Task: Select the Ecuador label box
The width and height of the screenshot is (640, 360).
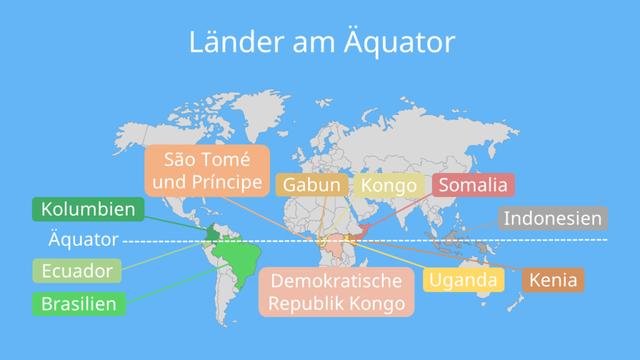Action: pos(77,271)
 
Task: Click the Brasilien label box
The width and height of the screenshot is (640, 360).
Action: pos(79,304)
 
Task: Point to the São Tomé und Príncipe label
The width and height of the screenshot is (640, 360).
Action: pos(206,171)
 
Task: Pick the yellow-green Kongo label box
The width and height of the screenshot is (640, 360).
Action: pos(388,186)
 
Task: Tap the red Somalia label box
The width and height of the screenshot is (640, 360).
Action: pos(473,186)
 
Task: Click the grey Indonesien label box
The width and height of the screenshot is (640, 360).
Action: pos(552,217)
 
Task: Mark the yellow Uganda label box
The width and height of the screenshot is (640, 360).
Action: pos(463,280)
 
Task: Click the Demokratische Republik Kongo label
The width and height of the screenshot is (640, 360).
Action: pos(334,291)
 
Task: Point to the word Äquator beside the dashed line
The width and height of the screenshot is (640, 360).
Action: pos(83,240)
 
